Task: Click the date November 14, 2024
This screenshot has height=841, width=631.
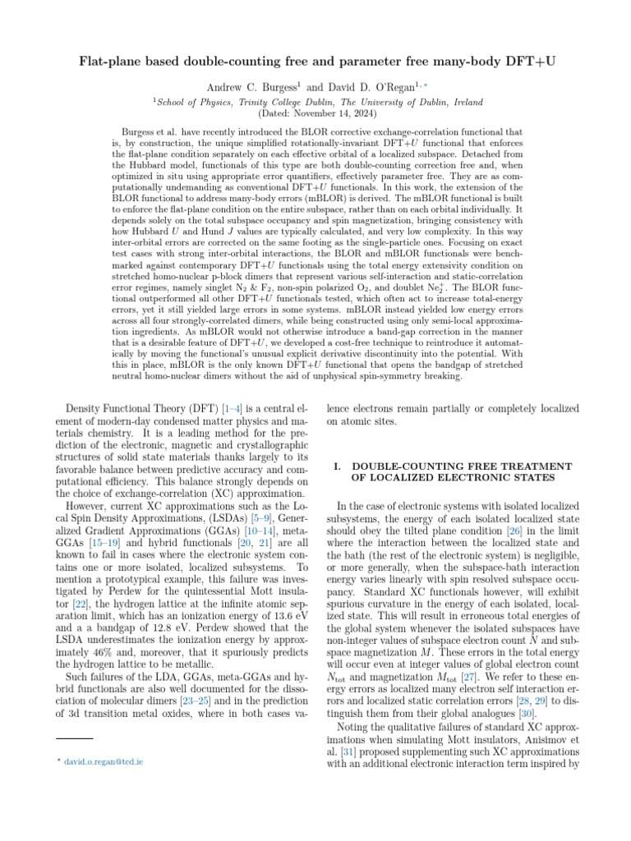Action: [329, 112]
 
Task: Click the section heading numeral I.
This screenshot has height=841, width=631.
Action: [336, 466]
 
